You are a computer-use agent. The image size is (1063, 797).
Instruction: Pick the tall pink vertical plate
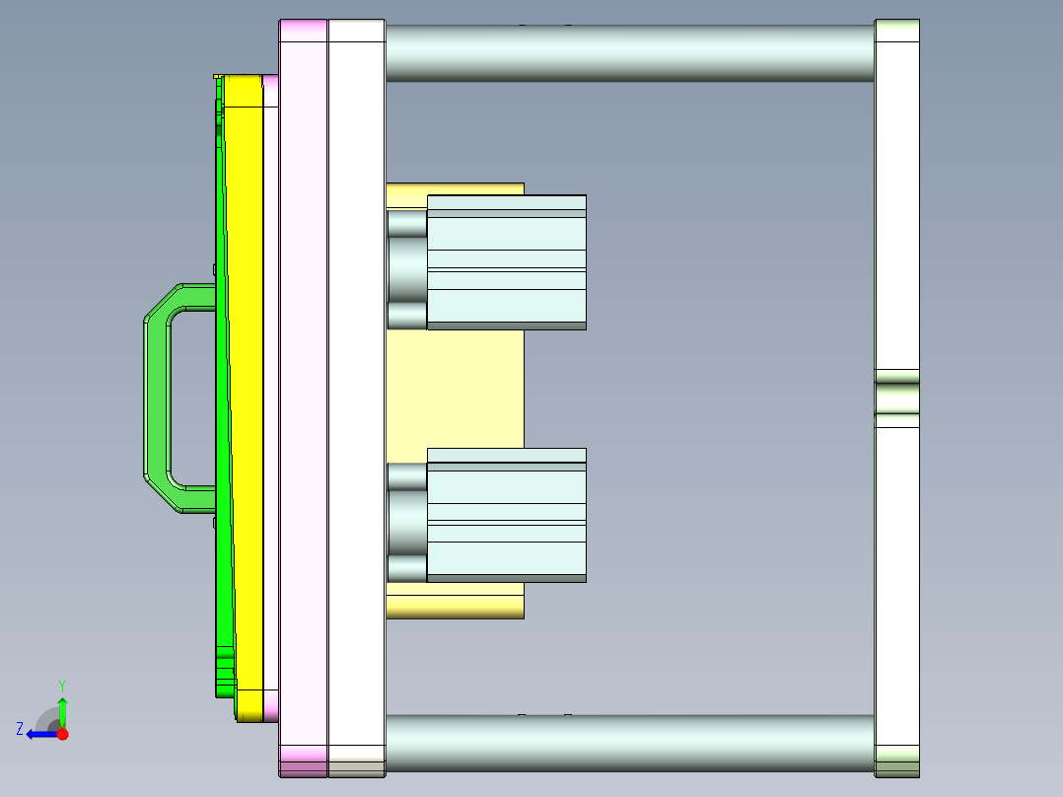coord(304,395)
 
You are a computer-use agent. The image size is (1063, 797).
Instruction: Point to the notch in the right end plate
coord(896,398)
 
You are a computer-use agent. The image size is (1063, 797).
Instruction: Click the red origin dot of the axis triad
coord(62,734)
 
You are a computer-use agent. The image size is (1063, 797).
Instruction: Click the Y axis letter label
coord(61,684)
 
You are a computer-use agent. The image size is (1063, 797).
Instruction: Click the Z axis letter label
coord(20,729)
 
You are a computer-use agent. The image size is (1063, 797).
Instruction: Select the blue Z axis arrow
coord(39,734)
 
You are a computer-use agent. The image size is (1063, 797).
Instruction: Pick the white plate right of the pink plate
coord(356,395)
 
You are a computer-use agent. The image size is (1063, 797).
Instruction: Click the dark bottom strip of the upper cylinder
coord(507,326)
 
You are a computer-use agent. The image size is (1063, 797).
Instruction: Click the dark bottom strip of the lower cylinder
coord(507,578)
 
